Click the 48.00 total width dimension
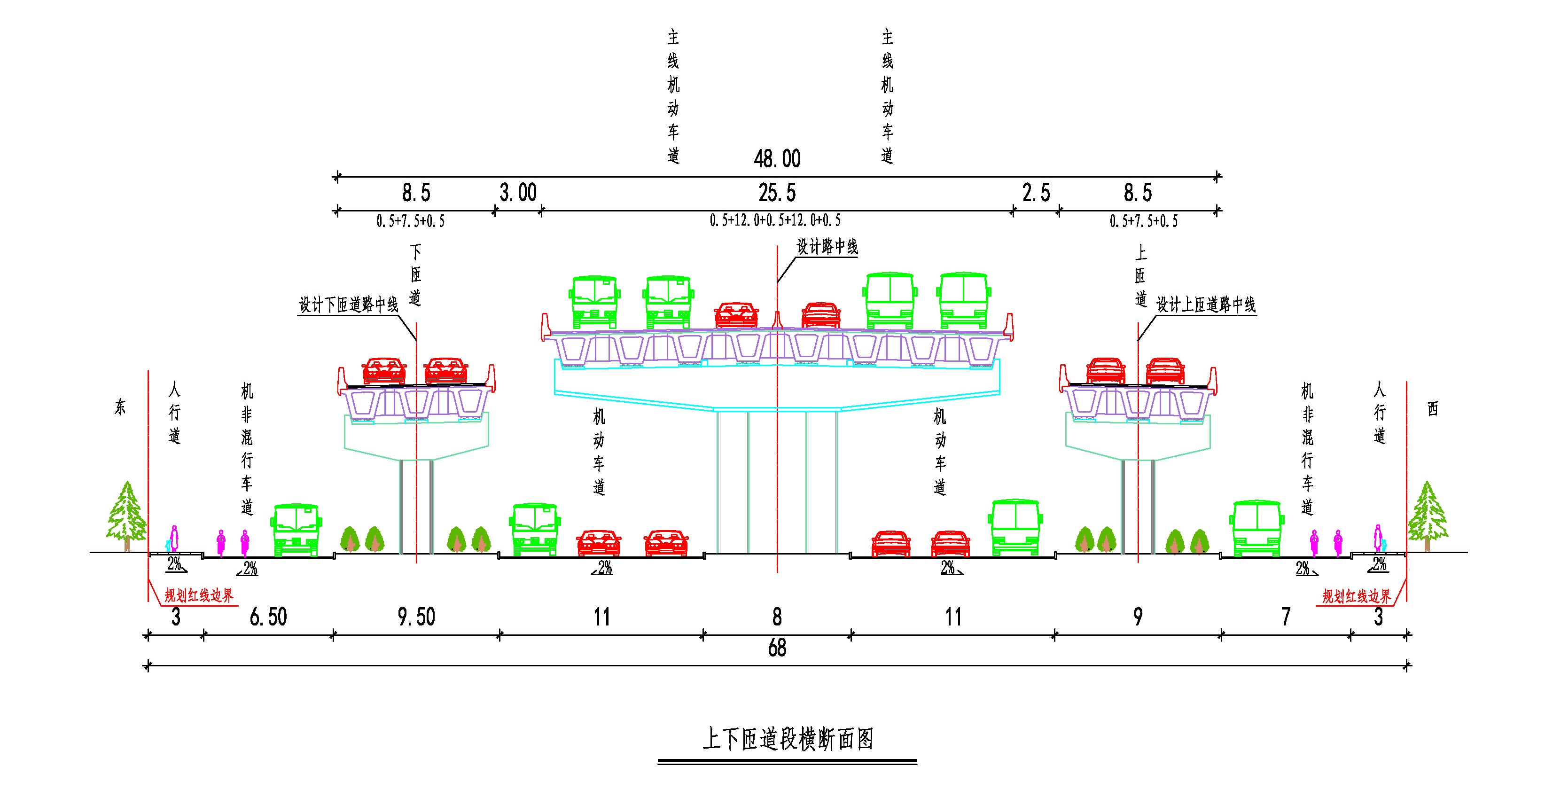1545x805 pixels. click(777, 159)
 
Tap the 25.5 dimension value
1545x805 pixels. click(777, 193)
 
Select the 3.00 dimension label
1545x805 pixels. click(518, 193)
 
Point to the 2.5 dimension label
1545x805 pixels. click(1037, 193)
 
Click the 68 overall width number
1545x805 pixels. click(777, 649)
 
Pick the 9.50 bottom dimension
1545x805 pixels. click(416, 617)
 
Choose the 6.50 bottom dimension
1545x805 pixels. click(268, 617)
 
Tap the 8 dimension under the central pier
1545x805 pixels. click(777, 617)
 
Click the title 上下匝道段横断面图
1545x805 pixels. click(788, 740)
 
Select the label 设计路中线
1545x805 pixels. click(827, 247)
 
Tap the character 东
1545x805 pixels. click(120, 408)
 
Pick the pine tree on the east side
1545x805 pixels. click(126, 516)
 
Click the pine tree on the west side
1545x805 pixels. click(1427, 516)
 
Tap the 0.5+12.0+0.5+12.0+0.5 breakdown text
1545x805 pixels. click(775, 221)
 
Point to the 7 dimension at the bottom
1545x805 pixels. click(1285, 617)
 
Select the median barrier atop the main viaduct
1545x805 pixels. click(777, 320)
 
